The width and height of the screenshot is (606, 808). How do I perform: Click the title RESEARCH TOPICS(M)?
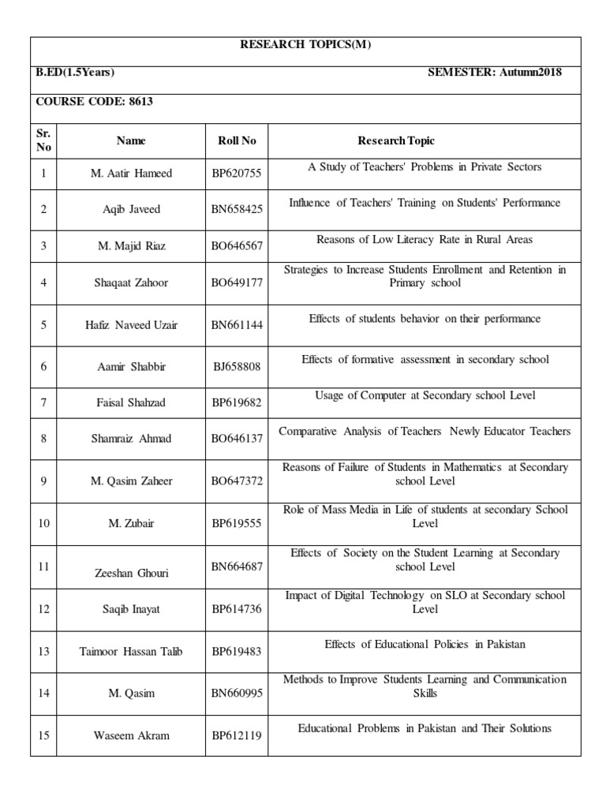[x=305, y=45]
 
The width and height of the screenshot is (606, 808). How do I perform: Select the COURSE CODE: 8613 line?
[x=88, y=102]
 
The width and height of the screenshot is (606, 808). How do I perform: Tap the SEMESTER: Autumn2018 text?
[x=495, y=73]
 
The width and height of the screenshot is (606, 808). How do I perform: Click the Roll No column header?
[x=237, y=141]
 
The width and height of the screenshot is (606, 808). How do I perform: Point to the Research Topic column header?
[x=396, y=141]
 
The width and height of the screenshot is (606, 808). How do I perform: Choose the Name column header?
[x=131, y=141]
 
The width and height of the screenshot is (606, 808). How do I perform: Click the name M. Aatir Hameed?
[x=131, y=174]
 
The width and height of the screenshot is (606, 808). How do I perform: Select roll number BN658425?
[x=237, y=209]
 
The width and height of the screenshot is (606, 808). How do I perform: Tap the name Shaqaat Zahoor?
[x=131, y=283]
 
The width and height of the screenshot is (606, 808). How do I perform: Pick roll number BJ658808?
[x=237, y=366]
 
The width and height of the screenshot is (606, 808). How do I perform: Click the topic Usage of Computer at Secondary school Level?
[x=425, y=395]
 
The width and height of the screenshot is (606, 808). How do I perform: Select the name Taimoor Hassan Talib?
[x=131, y=652]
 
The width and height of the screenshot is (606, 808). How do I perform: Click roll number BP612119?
[x=237, y=735]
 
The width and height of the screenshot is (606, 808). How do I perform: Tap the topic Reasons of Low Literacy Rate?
[x=425, y=239]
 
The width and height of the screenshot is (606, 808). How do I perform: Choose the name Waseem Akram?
[x=131, y=735]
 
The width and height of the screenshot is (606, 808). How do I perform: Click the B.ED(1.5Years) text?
[x=75, y=73]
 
